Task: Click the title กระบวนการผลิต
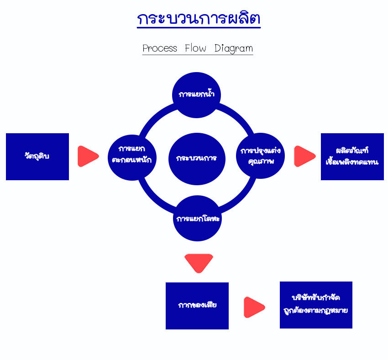tap(199, 18)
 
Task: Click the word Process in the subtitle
tap(160, 48)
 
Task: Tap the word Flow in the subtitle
tap(195, 48)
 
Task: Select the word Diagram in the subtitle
tap(234, 48)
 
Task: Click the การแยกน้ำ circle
tap(196, 95)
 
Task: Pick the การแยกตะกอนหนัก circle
tap(132, 157)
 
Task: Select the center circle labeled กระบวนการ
tap(197, 159)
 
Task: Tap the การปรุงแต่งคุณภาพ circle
tap(260, 156)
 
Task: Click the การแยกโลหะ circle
tap(197, 218)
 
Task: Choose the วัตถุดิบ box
tap(37, 157)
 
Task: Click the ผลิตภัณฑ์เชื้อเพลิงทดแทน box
tap(352, 157)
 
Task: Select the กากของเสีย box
tap(197, 306)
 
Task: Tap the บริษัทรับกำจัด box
tap(316, 305)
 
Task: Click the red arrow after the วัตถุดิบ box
tap(88, 156)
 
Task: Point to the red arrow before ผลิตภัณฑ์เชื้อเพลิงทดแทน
tap(304, 156)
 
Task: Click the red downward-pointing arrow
tap(199, 263)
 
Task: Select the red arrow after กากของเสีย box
tap(254, 307)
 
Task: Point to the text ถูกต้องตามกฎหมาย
tap(316, 311)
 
